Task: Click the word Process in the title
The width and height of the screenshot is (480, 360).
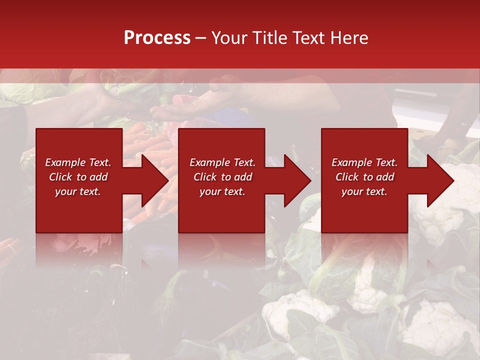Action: coord(157,38)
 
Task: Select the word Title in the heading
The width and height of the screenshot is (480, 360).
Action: coord(269,38)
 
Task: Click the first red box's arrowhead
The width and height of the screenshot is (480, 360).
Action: coord(154,180)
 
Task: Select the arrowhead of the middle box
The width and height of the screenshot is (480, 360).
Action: coord(296,180)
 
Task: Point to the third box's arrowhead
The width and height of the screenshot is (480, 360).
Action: coord(439,180)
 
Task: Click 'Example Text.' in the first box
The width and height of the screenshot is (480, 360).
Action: coord(78,162)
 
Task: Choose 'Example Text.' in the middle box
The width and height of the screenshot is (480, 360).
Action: coord(222,162)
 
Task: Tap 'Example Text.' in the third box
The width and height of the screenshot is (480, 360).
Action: coord(364,162)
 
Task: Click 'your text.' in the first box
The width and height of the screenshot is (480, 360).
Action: coord(78,191)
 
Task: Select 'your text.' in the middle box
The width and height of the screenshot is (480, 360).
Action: coord(222,191)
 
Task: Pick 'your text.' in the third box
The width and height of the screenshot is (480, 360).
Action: coord(364,191)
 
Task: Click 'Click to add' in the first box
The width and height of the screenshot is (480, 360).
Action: coord(78,177)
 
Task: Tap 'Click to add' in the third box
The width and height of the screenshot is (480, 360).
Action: coord(364,177)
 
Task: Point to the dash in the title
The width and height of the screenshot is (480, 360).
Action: coord(201,38)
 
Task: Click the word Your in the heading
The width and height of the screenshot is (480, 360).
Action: coord(229,38)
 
